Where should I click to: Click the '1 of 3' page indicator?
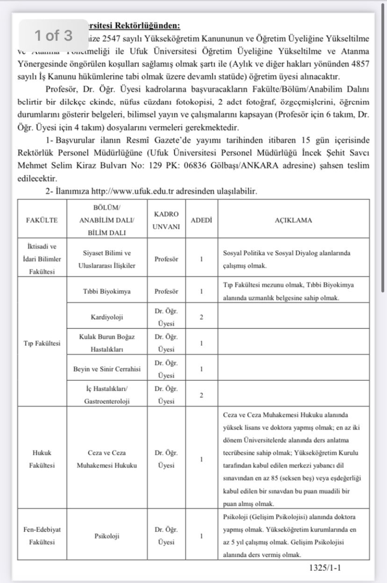(53, 35)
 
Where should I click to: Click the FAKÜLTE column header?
(42, 220)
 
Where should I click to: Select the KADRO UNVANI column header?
(166, 220)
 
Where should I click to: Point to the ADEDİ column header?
(202, 220)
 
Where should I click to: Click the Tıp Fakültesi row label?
(42, 343)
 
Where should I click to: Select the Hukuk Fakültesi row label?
(42, 459)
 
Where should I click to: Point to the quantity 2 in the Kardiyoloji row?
(201, 317)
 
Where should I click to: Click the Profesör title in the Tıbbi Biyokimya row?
(166, 291)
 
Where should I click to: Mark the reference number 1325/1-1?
(325, 567)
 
